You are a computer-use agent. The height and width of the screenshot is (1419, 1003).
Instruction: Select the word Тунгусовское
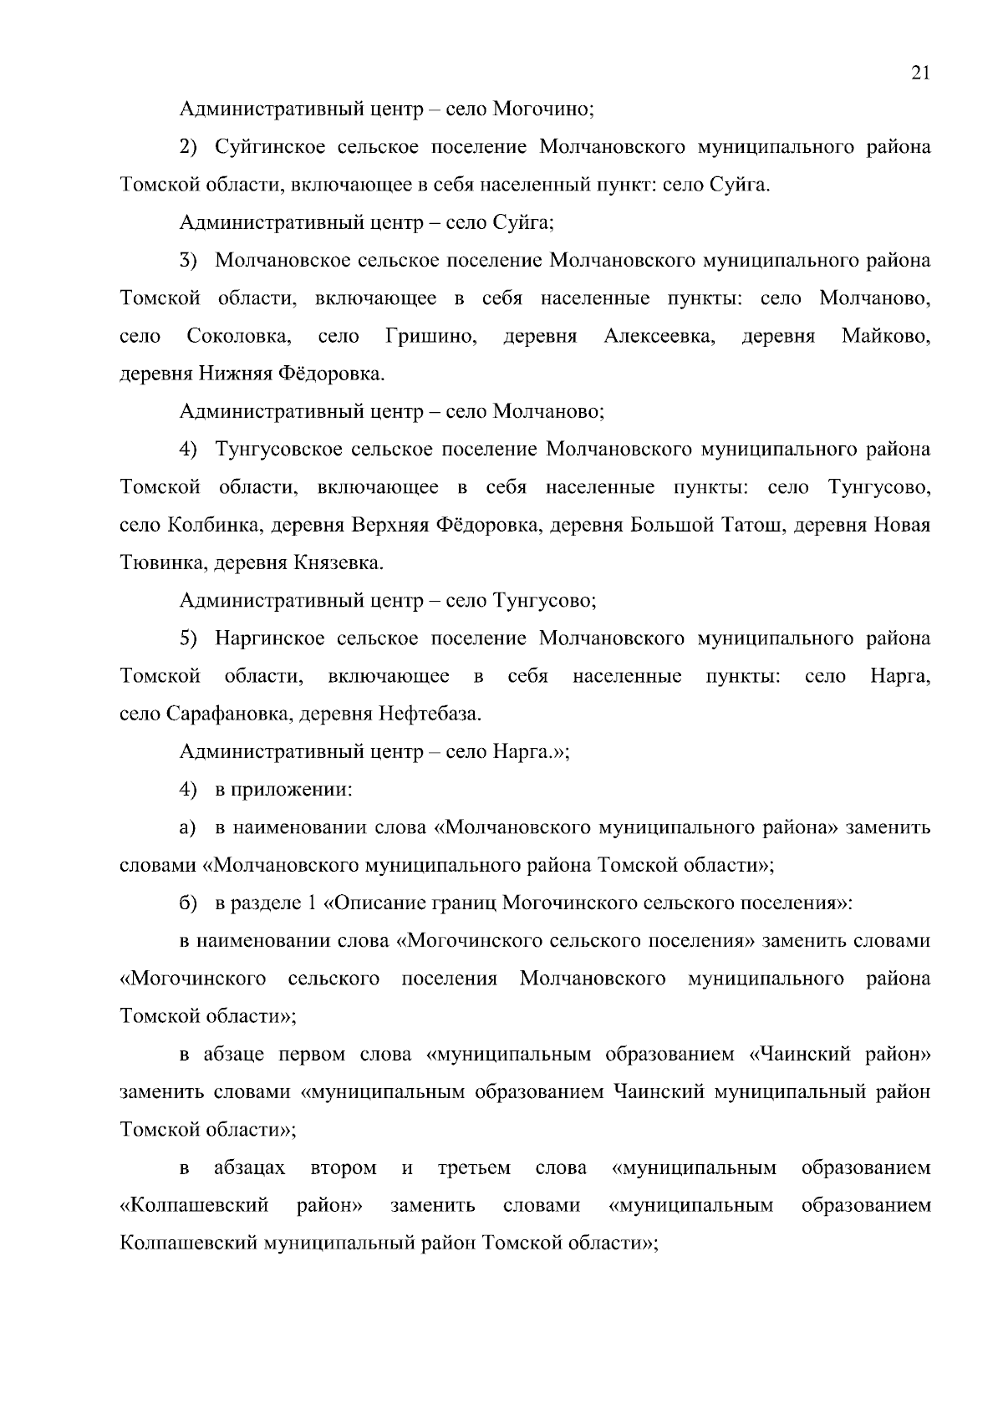pyautogui.click(x=279, y=450)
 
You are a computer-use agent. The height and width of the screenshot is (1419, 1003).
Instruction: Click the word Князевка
pyautogui.click(x=338, y=563)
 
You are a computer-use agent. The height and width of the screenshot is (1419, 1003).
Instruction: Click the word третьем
pyautogui.click(x=474, y=1167)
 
